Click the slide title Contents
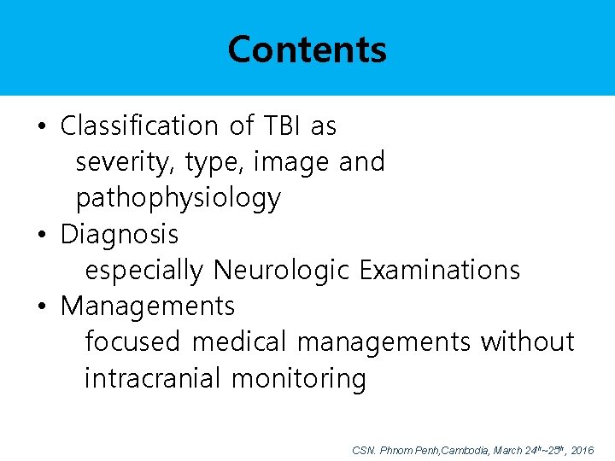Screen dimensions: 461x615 pyautogui.click(x=307, y=50)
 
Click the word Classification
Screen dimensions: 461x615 pyautogui.click(x=139, y=126)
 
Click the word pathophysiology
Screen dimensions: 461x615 pyautogui.click(x=178, y=199)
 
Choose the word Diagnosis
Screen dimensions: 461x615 pyautogui.click(x=120, y=234)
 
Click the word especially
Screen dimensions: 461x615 pyautogui.click(x=144, y=270)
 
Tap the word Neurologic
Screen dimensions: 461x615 pyautogui.click(x=281, y=270)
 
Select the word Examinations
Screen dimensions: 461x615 pyautogui.click(x=439, y=270)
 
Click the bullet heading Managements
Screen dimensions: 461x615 pyautogui.click(x=147, y=306)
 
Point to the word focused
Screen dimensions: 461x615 pyautogui.click(x=132, y=341)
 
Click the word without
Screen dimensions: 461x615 pyautogui.click(x=527, y=341)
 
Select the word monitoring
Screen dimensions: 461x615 pyautogui.click(x=298, y=377)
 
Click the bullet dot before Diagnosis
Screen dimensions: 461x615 pyautogui.click(x=41, y=235)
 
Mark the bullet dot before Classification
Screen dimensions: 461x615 pyautogui.click(x=41, y=127)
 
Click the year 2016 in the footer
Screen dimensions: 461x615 pyautogui.click(x=582, y=450)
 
